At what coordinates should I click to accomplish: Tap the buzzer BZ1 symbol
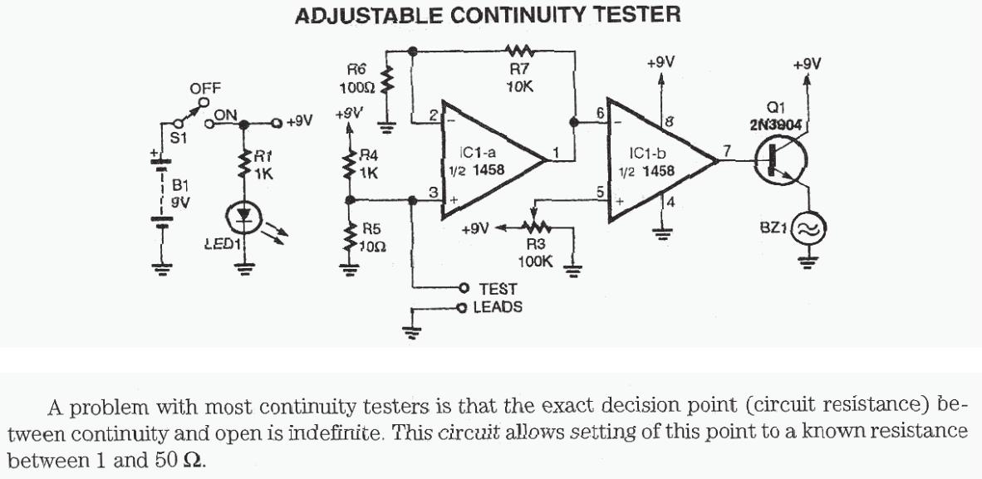pos(807,227)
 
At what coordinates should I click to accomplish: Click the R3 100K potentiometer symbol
pos(535,226)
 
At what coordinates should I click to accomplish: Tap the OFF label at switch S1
pos(204,88)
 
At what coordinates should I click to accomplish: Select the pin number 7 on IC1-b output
pos(728,150)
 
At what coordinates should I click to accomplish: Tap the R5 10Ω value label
pos(370,246)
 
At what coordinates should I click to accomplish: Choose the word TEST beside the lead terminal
pos(498,289)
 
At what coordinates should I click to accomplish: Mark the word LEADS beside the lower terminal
pos(498,308)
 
